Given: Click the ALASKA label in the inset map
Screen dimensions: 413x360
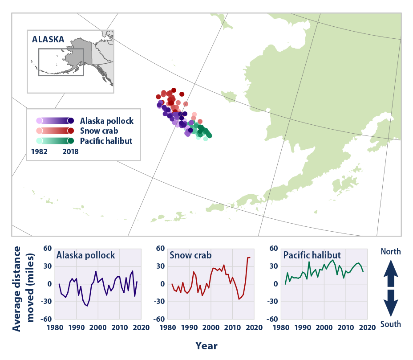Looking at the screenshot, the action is click(48, 39).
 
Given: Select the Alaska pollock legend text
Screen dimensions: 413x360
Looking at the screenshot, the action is click(107, 121).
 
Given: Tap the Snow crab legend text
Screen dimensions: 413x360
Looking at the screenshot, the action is click(99, 131).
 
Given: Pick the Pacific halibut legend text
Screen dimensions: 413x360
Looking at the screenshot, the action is click(106, 141).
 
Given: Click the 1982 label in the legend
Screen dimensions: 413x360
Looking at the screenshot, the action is click(39, 151).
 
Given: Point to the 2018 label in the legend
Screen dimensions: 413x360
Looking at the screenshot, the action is click(70, 151).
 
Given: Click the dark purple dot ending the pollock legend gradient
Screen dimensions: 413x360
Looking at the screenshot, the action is click(70, 121).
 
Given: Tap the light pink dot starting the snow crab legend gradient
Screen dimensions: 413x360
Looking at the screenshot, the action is click(40, 131).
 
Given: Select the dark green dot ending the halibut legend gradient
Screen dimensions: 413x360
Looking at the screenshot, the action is click(70, 141).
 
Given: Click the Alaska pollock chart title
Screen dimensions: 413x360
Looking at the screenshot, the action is click(85, 255).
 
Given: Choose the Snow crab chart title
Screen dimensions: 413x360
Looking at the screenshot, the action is click(190, 255).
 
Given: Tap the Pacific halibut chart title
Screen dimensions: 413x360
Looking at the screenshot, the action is click(312, 255).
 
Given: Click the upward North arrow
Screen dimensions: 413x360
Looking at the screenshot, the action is click(391, 273).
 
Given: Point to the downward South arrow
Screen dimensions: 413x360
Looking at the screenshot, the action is click(391, 303).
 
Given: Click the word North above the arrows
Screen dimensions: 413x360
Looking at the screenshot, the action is click(391, 252).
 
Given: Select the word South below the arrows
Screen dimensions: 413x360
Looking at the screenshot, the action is click(391, 324).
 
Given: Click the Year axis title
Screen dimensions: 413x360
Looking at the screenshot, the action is click(206, 346).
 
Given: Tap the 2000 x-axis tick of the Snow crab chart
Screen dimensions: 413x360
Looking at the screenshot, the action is click(211, 328).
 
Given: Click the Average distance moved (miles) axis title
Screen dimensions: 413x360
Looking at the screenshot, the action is click(23, 289).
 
